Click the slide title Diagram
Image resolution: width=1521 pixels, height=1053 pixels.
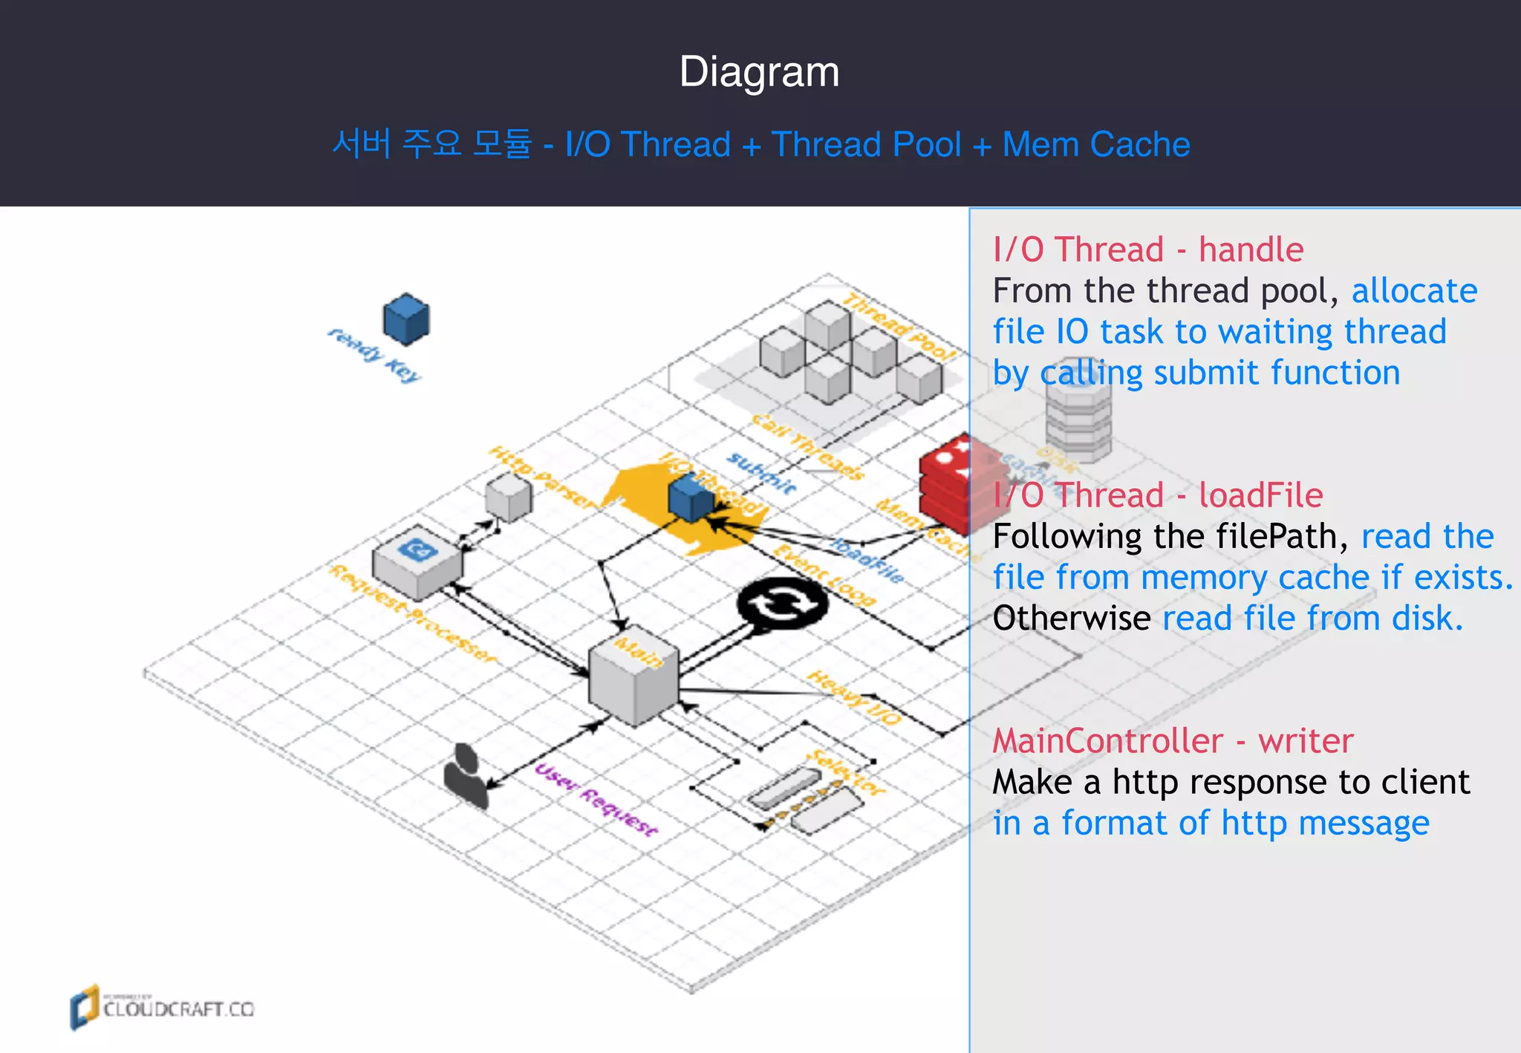[759, 72]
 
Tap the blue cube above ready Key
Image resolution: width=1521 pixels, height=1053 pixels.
[406, 319]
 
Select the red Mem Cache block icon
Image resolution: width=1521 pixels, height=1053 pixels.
[945, 486]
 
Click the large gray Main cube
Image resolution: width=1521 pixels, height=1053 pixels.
[634, 679]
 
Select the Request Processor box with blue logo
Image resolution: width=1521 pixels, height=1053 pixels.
[417, 563]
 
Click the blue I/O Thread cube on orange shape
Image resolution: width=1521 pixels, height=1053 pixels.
[691, 499]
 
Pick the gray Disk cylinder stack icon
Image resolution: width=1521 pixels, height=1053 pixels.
[1078, 420]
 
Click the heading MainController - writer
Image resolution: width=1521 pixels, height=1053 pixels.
[1173, 741]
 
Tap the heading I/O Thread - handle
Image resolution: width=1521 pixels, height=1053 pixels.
[1147, 250]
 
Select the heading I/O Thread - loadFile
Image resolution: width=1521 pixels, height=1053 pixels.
[1158, 495]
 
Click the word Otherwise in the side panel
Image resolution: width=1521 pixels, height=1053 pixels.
[1071, 618]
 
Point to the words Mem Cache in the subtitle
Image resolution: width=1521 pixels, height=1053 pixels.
[1095, 145]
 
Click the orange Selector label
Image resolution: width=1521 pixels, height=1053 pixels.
[847, 772]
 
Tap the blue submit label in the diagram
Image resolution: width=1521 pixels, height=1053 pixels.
[761, 473]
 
